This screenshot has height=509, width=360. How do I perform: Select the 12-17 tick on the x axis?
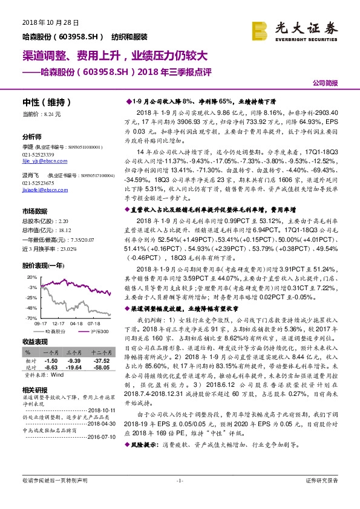[x=58, y=323]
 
